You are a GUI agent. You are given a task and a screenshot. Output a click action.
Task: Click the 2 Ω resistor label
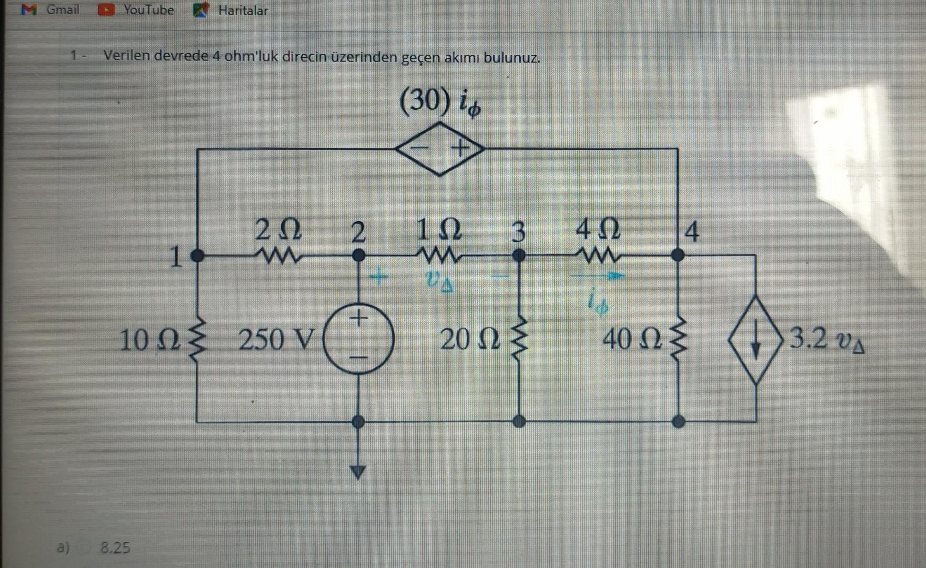pos(278,229)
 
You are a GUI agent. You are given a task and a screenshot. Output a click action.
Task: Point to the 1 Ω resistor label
pos(439,229)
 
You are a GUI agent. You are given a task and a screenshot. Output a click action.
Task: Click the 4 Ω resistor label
pos(598,229)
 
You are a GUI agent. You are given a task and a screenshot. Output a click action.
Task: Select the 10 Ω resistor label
pos(150,340)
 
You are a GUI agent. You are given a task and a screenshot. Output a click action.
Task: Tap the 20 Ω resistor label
pos(470,339)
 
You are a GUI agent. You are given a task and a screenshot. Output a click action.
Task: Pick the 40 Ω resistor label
pos(633,339)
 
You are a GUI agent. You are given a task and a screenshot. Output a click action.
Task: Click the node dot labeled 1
pos(197,256)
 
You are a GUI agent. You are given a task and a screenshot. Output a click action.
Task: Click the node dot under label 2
pos(358,256)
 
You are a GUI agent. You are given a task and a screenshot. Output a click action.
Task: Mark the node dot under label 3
pos(519,256)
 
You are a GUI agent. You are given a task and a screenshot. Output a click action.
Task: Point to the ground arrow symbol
pos(358,472)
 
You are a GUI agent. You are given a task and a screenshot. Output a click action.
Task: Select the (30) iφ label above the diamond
pos(440,102)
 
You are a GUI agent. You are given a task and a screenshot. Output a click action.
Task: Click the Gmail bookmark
pos(51,9)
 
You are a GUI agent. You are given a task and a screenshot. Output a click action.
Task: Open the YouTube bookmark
pos(136,9)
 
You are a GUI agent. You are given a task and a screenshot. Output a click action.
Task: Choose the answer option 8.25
pos(115,548)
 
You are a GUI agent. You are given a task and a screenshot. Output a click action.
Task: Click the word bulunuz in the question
pos(511,57)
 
